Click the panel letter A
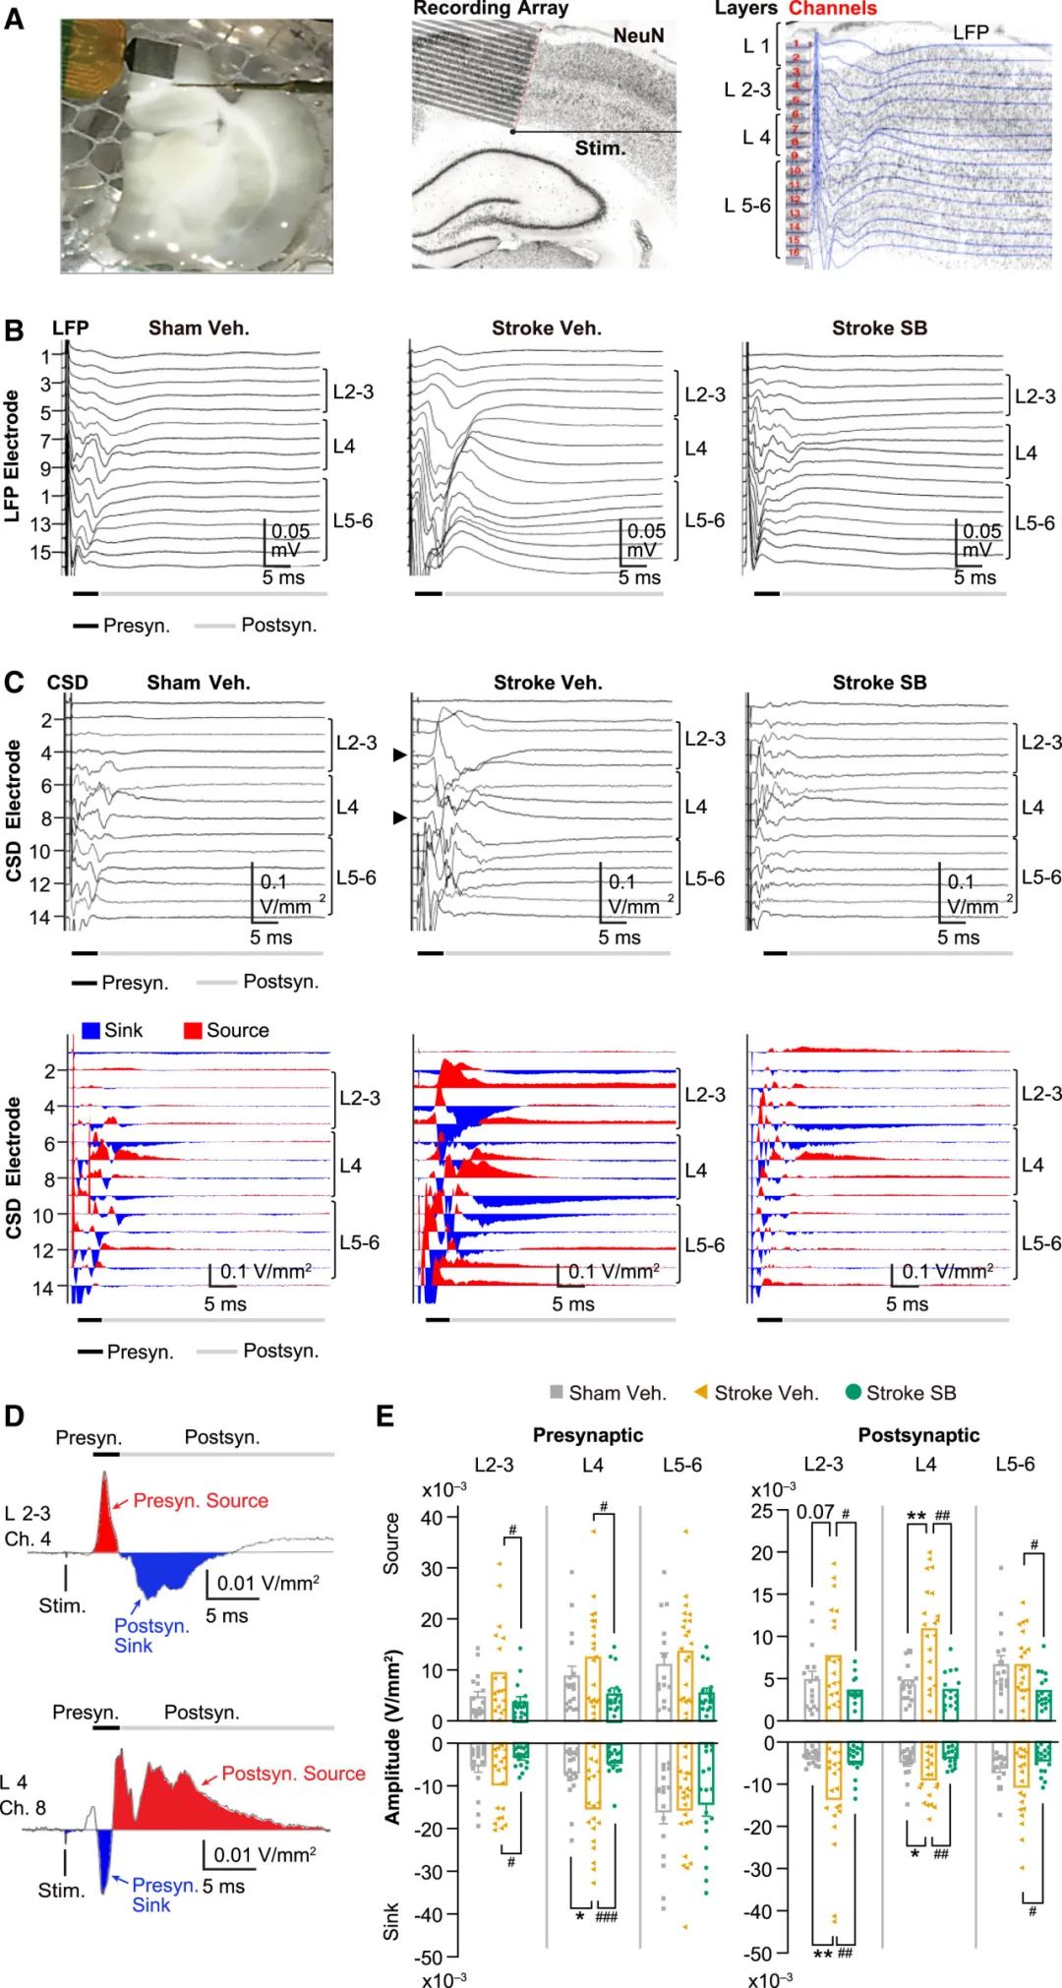click(14, 19)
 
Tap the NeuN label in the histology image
click(638, 36)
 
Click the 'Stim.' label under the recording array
click(600, 149)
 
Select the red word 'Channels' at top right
click(832, 9)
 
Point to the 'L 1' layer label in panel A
click(756, 46)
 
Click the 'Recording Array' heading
click(491, 9)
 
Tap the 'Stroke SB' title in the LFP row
click(879, 329)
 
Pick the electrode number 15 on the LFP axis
click(40, 553)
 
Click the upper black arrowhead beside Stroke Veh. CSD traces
click(399, 754)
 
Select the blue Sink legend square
click(90, 1031)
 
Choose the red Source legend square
click(193, 1031)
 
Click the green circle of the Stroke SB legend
click(854, 1392)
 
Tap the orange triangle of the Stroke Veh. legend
click(701, 1392)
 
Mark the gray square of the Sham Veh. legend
click(557, 1392)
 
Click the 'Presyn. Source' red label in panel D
click(201, 1501)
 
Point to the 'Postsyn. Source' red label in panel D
click(293, 1774)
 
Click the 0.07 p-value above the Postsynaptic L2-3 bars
click(815, 1512)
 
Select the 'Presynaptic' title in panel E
click(587, 1435)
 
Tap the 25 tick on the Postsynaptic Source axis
click(762, 1511)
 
